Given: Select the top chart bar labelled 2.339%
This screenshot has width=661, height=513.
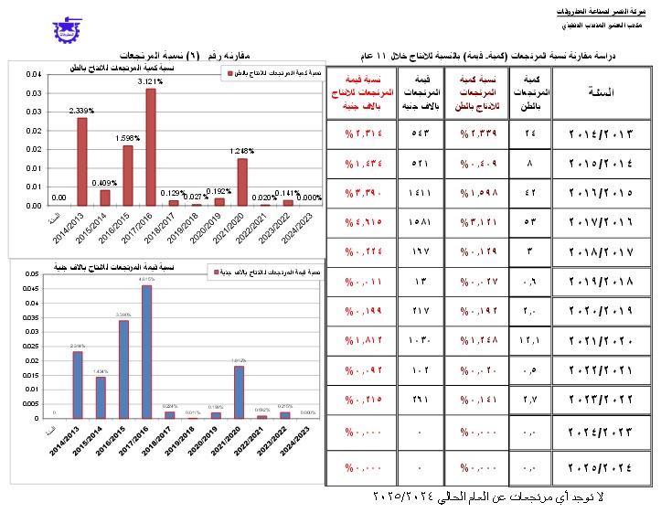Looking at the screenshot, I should [81, 161].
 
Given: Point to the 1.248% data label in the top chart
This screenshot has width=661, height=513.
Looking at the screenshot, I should [241, 151].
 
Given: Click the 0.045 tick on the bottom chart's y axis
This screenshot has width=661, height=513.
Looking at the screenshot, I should [30, 286].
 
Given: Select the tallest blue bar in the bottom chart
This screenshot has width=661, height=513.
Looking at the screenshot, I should [146, 351].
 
